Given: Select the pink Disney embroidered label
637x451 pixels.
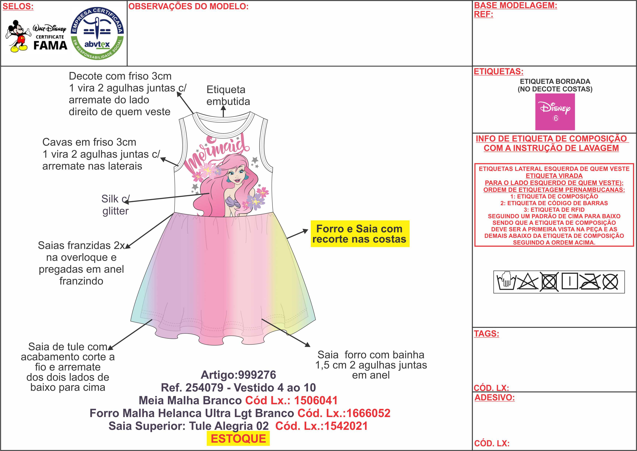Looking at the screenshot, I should click(555, 112).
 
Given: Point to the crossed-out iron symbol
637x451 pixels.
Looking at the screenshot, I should click(590, 282).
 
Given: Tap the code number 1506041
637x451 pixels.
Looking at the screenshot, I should click(316, 400).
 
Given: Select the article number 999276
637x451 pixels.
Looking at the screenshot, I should click(256, 375).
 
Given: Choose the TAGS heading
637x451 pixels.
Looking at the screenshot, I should click(486, 333).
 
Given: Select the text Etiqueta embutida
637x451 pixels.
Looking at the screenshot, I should click(228, 95).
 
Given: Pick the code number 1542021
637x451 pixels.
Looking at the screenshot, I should click(346, 426).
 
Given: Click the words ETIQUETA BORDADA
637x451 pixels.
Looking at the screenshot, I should click(555, 81).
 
